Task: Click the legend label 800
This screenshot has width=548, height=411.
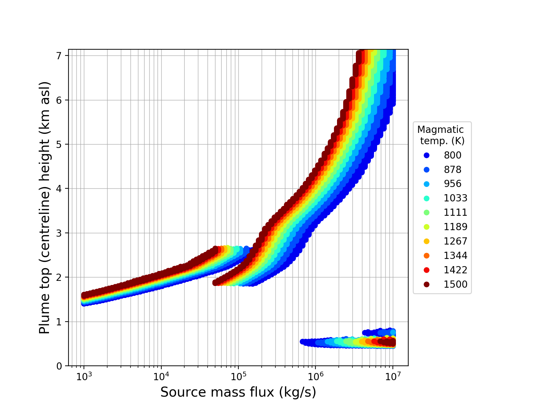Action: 452,155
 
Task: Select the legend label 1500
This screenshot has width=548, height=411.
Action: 456,284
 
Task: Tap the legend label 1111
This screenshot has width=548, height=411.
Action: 456,212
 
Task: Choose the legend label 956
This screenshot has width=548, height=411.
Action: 452,184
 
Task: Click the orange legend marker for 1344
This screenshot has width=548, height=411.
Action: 426,256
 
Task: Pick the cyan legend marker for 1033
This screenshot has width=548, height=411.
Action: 426,198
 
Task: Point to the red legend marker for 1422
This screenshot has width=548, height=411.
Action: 426,270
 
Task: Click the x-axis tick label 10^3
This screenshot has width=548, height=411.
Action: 84,376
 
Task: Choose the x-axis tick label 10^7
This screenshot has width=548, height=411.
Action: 393,376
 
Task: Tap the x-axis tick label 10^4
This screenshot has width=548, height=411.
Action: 161,376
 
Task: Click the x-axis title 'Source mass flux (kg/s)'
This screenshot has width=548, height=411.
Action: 238,392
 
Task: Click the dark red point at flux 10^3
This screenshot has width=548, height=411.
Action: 84,295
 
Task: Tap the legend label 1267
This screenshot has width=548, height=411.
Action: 456,241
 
